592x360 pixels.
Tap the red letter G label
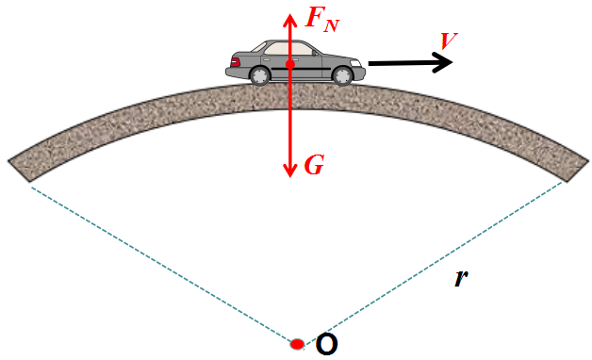point(315,167)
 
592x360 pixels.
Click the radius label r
point(461,278)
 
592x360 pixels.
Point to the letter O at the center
point(326,345)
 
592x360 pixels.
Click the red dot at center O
point(297,344)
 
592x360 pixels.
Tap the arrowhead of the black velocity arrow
point(444,62)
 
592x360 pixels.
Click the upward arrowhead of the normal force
point(289,19)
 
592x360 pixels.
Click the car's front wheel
point(342,75)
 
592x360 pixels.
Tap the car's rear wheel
point(259,75)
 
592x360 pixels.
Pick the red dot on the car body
point(289,64)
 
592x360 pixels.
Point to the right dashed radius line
point(434,264)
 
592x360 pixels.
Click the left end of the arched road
point(20,168)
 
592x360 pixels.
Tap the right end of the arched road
point(572,168)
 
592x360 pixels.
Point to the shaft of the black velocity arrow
point(401,63)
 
